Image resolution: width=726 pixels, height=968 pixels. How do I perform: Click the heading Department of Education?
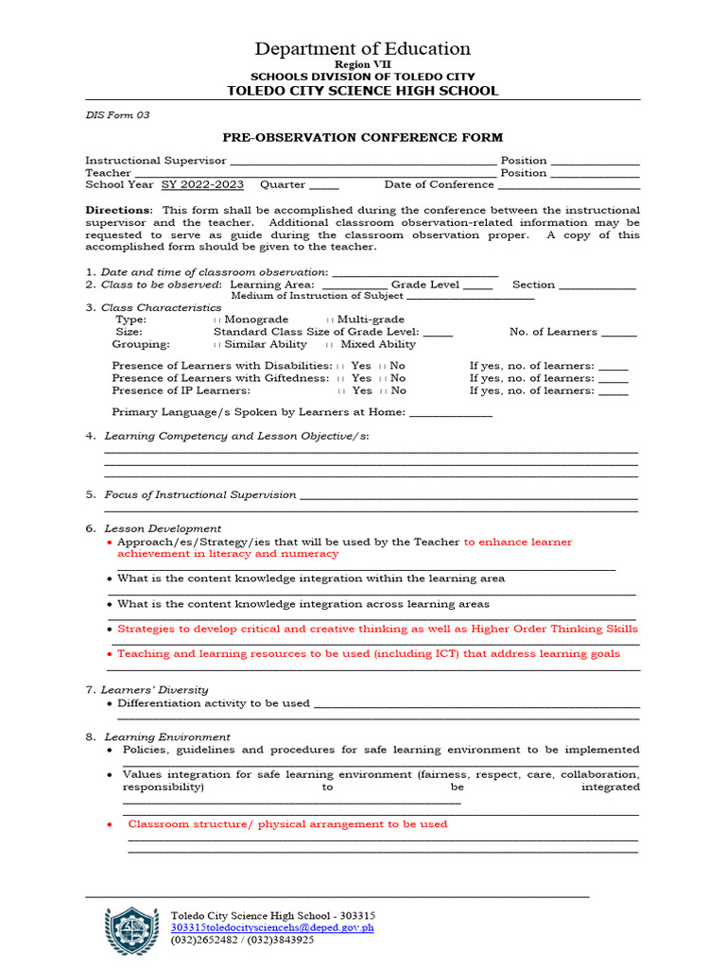(x=362, y=49)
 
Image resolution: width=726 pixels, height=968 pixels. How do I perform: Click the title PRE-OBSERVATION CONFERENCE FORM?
(x=362, y=138)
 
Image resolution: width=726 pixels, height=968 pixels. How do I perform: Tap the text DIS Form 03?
(x=117, y=115)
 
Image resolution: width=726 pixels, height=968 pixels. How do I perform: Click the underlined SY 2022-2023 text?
(x=202, y=185)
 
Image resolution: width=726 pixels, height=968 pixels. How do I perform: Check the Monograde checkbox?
(x=218, y=320)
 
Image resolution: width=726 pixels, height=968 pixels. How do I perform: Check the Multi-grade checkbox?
(x=330, y=320)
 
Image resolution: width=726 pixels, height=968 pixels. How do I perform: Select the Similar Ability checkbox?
(x=218, y=345)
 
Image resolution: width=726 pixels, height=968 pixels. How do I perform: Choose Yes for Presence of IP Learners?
(x=341, y=390)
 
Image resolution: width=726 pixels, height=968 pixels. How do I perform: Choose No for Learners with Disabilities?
(x=382, y=366)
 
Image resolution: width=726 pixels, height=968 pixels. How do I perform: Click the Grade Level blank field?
(x=477, y=285)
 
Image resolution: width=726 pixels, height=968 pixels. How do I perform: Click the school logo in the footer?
(x=131, y=933)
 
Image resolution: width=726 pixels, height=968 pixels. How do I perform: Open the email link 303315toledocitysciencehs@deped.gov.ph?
(x=272, y=928)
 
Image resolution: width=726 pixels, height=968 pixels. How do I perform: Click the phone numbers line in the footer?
(x=243, y=941)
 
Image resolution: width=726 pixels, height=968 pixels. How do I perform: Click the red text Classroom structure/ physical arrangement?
(x=287, y=824)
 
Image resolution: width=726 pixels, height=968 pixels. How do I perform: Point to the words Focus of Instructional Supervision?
(x=199, y=495)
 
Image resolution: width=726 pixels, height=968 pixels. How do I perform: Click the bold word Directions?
(x=118, y=210)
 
